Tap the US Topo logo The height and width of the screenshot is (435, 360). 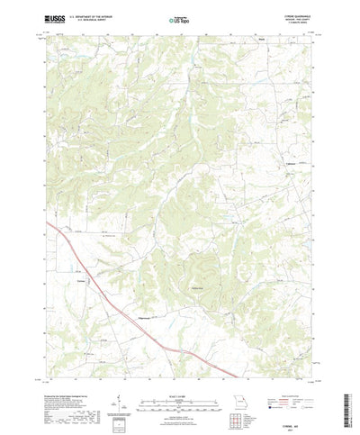[x=179, y=16]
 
